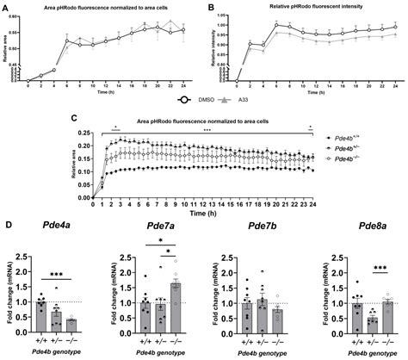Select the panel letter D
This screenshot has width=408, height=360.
[x=6, y=227]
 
